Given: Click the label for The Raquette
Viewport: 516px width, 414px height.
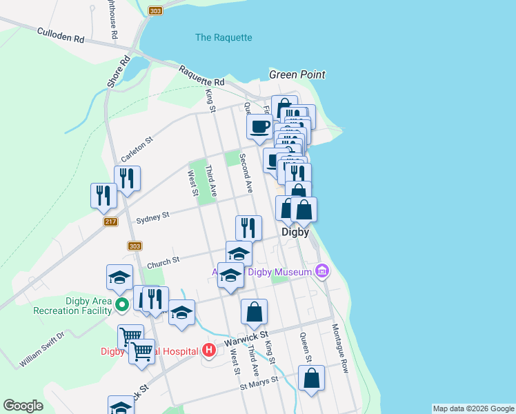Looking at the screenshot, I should pos(224,37).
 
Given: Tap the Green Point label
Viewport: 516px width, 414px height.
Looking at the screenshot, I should pos(297,75).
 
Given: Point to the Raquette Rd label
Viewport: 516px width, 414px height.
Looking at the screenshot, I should pos(201,75).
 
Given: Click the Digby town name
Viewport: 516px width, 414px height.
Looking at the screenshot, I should pos(295,233).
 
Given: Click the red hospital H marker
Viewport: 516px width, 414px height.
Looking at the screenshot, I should pos(209,351).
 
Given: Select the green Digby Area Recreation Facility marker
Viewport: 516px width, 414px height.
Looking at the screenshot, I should pos(122,304).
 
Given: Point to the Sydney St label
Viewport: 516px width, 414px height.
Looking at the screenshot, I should pos(152,217).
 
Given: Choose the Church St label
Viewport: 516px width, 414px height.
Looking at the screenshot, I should pos(163,261).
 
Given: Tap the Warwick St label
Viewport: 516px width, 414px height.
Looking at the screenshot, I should pos(252,339).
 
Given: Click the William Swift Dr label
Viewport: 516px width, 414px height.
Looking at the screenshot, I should pos(41,349).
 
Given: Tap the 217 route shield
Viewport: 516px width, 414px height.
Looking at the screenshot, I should pos(110,221).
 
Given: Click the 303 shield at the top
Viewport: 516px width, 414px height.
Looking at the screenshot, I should pos(155,10).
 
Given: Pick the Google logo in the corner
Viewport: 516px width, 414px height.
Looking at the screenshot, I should pos(23,406).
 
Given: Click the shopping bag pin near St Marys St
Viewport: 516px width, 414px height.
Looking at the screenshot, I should pos(311,379).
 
